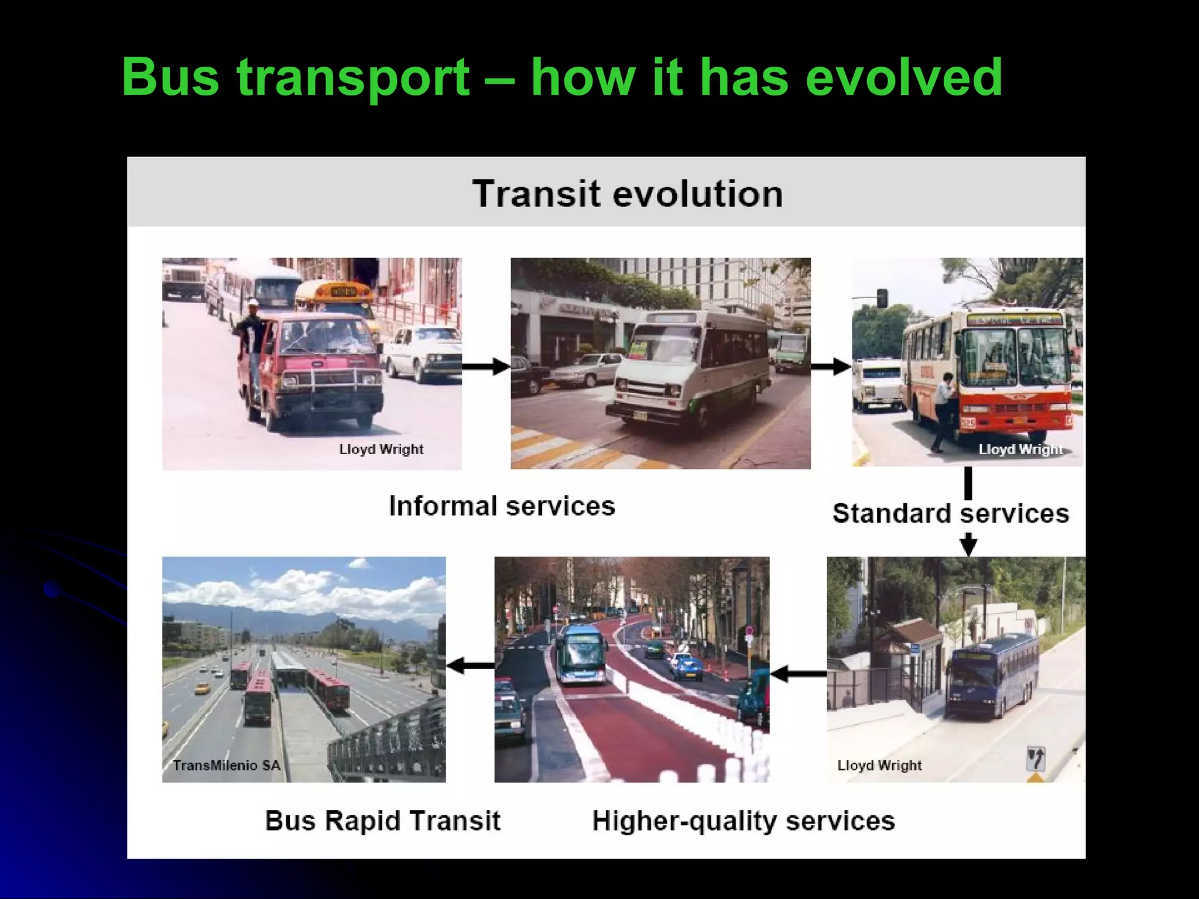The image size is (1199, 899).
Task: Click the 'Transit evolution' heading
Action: pos(627,194)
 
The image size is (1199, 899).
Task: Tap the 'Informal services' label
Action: pos(502,506)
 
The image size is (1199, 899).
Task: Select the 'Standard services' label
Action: pos(950,513)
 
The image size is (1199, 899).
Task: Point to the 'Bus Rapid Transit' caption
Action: pos(382,821)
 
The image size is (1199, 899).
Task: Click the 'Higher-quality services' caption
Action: pos(744,821)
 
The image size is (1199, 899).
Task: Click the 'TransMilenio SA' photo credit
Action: pos(227,766)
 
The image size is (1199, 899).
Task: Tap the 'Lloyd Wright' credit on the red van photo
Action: pos(381,449)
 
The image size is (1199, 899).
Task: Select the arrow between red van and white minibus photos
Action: pos(486,367)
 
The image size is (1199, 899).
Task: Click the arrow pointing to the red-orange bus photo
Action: pos(831,367)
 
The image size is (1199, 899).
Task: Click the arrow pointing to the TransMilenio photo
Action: pos(470,665)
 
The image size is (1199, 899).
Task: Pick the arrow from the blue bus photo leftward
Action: pos(798,674)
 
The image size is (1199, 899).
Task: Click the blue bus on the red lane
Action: pos(581,654)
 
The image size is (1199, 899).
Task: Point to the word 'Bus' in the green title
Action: pos(170,78)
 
